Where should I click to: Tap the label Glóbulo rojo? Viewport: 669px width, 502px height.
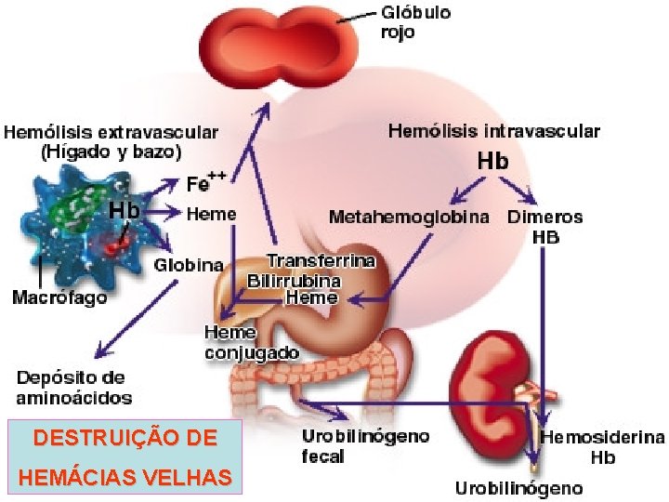[x=416, y=22]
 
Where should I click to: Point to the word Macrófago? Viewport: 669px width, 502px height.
[x=59, y=298]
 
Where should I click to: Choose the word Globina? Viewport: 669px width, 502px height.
[x=188, y=265]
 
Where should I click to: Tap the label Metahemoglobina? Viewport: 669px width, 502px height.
[x=410, y=218]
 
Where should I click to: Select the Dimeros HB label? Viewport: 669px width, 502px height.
[x=545, y=227]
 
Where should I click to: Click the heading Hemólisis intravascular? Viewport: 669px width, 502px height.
[x=493, y=132]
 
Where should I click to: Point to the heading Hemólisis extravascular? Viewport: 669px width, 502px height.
[x=111, y=140]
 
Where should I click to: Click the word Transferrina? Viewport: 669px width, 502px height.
[x=321, y=261]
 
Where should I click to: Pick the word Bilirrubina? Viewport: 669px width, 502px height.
[x=294, y=280]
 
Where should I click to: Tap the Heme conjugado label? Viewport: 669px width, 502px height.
[x=251, y=342]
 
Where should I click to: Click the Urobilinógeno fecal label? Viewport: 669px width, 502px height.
[x=365, y=445]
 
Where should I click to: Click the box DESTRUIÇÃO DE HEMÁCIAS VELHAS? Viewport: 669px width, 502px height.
[x=124, y=456]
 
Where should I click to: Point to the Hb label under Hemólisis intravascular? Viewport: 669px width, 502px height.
[x=492, y=161]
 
